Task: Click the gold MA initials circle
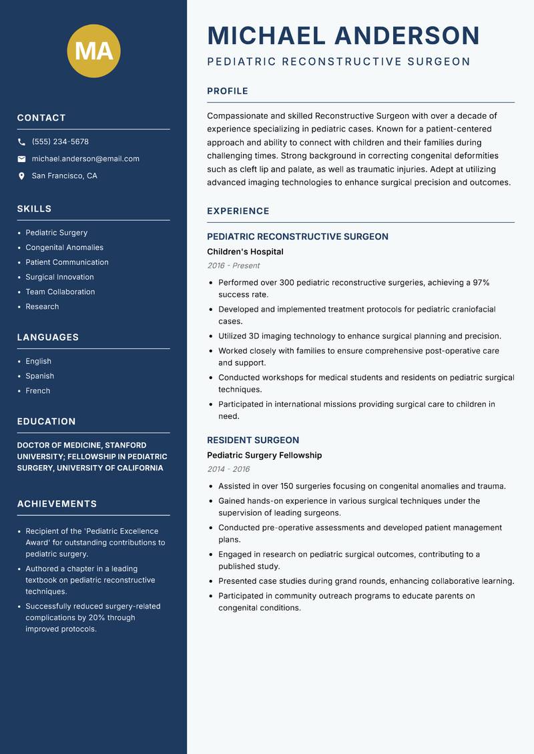tap(93, 51)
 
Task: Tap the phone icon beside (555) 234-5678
tap(21, 142)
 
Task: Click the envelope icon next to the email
tap(21, 159)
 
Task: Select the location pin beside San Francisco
tap(21, 176)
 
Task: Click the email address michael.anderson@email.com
tap(85, 159)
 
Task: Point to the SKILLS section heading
tap(34, 209)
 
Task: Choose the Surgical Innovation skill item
tap(59, 277)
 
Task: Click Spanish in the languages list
tap(39, 376)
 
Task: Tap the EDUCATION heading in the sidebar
tap(46, 422)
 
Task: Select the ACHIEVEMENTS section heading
tap(57, 504)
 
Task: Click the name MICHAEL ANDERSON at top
tap(343, 35)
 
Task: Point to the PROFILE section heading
tap(227, 91)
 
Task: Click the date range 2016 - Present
tap(233, 266)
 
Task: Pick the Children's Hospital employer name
tap(245, 252)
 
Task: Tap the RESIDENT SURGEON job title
tap(252, 440)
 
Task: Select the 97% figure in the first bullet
tap(481, 283)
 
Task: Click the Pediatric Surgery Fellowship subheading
tap(264, 455)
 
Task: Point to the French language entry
tap(37, 390)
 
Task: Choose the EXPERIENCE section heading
tap(238, 212)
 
